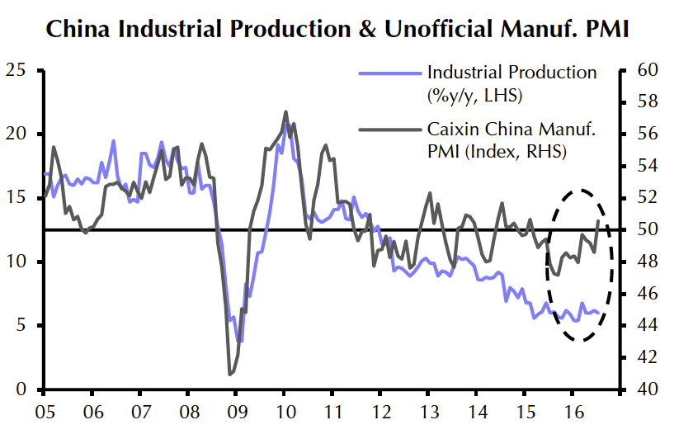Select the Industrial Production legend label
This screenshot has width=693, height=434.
pos(511,73)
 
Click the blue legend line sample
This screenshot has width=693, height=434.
pos(389,73)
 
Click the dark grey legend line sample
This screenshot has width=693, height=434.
pos(389,130)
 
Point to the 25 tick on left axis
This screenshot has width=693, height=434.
pos(15,70)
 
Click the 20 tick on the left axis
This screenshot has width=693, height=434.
pos(15,134)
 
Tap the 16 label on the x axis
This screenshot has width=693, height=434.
pos(570,410)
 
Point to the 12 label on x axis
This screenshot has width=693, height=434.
pos(379,410)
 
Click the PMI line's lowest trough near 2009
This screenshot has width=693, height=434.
pos(230,375)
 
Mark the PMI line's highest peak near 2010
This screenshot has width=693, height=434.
pos(285,111)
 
